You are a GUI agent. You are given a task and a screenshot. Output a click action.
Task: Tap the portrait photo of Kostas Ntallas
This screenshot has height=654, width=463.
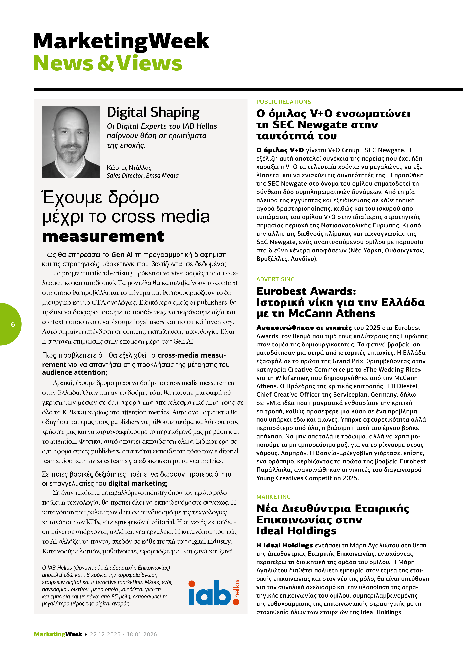[71, 142]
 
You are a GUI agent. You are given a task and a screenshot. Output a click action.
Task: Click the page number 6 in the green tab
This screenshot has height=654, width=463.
[13, 324]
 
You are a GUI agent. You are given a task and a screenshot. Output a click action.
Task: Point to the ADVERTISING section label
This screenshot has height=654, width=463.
[275, 279]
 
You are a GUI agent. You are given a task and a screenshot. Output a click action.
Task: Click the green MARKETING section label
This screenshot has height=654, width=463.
[273, 497]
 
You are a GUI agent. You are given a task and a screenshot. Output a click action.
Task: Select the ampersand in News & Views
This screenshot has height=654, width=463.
[106, 63]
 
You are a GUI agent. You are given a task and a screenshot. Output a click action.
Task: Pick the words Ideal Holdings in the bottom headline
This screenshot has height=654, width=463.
[296, 531]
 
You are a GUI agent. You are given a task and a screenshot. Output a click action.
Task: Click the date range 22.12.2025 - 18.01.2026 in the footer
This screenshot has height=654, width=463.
[123, 634]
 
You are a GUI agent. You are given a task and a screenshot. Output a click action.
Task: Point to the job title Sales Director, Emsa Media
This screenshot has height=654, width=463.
[143, 175]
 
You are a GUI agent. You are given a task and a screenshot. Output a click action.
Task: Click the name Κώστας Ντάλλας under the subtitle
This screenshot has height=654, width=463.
[129, 168]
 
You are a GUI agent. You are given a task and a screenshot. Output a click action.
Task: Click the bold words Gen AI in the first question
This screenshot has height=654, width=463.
[122, 255]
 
